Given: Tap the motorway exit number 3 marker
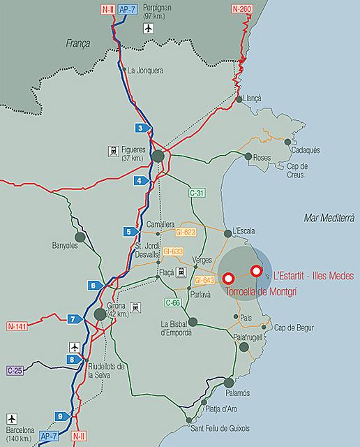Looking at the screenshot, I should (142, 128).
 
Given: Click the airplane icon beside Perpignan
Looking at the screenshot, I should (147, 29).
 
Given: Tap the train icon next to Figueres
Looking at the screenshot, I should (112, 150).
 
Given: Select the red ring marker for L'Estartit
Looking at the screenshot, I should (256, 271).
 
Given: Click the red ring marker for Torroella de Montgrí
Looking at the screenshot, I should (228, 279).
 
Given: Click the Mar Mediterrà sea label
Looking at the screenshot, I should (331, 219).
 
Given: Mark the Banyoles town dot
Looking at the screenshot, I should (80, 237).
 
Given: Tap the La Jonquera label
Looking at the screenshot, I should (145, 70).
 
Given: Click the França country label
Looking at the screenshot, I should (77, 43).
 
